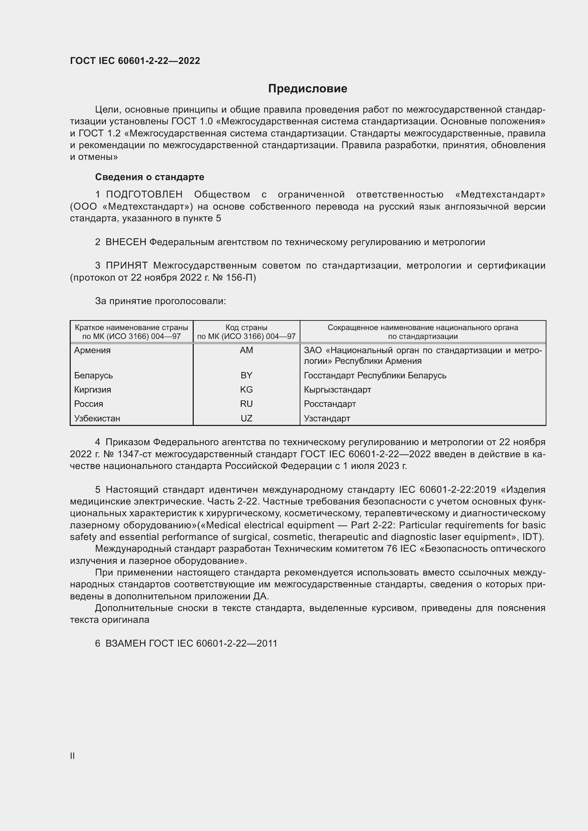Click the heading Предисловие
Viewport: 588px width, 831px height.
(x=308, y=89)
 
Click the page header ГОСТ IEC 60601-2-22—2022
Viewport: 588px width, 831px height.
(x=135, y=61)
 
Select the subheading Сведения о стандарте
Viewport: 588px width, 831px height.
(x=150, y=177)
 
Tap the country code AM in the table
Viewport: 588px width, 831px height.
(x=246, y=350)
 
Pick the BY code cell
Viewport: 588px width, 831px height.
(x=246, y=375)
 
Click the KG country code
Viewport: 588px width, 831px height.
(x=246, y=389)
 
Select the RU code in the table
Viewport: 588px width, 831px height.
(x=246, y=404)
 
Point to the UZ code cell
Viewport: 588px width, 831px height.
(x=246, y=418)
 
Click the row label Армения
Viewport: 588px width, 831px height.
(x=92, y=350)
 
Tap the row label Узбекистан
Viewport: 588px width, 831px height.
(x=97, y=418)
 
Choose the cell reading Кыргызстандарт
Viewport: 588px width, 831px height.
(x=337, y=389)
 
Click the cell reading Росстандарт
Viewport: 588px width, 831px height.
(x=330, y=404)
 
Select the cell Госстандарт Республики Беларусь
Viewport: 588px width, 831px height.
(x=375, y=375)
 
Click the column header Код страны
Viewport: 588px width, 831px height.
(x=246, y=328)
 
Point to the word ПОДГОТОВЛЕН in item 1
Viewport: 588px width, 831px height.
(x=144, y=194)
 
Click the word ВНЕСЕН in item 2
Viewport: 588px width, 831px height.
(x=125, y=242)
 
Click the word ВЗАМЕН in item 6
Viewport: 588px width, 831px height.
(x=125, y=643)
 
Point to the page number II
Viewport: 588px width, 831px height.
(x=73, y=756)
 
